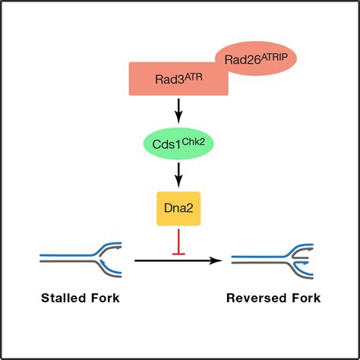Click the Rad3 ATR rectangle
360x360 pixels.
click(x=178, y=79)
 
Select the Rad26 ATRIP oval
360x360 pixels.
click(x=256, y=58)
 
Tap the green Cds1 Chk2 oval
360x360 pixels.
click(x=178, y=144)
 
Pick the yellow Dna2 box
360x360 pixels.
click(x=178, y=209)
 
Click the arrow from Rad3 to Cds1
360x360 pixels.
click(x=178, y=111)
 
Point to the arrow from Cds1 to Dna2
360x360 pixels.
click(x=178, y=175)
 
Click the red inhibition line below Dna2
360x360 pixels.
click(x=178, y=242)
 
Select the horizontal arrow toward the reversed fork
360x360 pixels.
click(x=178, y=261)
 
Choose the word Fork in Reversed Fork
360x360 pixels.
click(x=306, y=298)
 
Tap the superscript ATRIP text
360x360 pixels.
click(x=274, y=58)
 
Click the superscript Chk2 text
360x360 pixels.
click(x=193, y=142)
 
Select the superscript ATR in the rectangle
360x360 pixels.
click(x=193, y=77)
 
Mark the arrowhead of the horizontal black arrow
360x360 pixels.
click(x=217, y=261)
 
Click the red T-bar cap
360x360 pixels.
click(x=178, y=254)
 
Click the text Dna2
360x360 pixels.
click(x=178, y=208)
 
